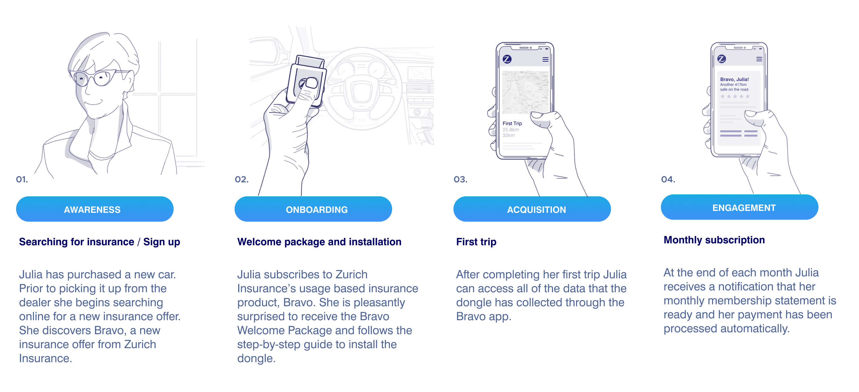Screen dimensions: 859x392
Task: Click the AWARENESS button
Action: pyautogui.click(x=95, y=209)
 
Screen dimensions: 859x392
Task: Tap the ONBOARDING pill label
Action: pyautogui.click(x=313, y=209)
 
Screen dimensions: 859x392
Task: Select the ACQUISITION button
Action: pyautogui.click(x=532, y=209)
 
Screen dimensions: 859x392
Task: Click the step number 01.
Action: pyautogui.click(x=22, y=179)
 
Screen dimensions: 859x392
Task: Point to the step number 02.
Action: pyautogui.click(x=242, y=179)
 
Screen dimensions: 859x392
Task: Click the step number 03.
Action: pyautogui.click(x=461, y=179)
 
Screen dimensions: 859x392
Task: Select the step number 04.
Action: pyautogui.click(x=668, y=179)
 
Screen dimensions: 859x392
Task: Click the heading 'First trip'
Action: pyautogui.click(x=476, y=242)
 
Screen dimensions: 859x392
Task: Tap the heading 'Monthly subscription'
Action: pyautogui.click(x=714, y=240)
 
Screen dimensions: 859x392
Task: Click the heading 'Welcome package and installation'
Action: pyautogui.click(x=319, y=242)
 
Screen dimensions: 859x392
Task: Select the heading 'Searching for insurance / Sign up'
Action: pyautogui.click(x=99, y=242)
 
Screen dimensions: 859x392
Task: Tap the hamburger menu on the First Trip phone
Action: pyautogui.click(x=546, y=59)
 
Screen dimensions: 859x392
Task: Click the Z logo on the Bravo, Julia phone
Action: pyautogui.click(x=722, y=59)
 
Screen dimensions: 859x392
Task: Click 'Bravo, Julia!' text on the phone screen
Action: pyautogui.click(x=734, y=79)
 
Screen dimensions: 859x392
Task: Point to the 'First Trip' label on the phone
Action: pyautogui.click(x=512, y=124)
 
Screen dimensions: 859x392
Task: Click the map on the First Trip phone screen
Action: pyautogui.click(x=525, y=92)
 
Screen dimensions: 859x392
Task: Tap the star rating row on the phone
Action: pyautogui.click(x=735, y=97)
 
